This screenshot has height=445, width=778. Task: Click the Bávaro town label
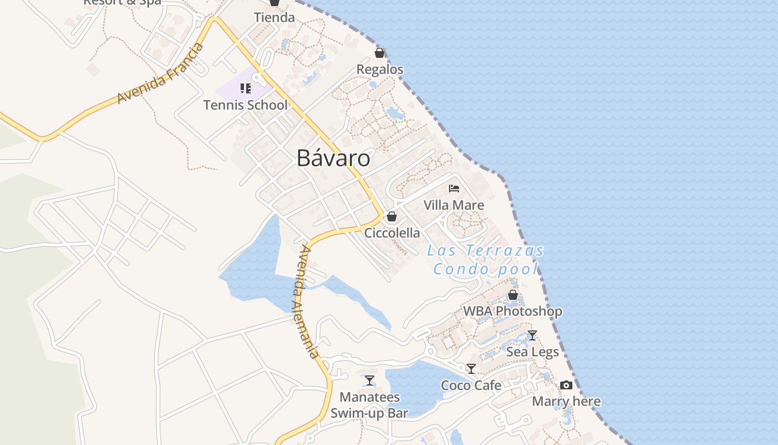pos(333,159)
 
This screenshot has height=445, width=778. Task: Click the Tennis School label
pos(245,105)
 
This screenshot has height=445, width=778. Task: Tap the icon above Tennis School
pos(245,88)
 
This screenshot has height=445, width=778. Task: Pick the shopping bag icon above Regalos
pos(380,53)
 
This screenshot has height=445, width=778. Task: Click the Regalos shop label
pos(380,70)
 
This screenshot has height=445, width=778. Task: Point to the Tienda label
pos(274,17)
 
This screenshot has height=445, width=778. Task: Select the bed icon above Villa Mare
pos(454,188)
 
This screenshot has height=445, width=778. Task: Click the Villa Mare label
pos(454,205)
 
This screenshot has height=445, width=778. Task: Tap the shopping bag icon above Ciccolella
pos(392,216)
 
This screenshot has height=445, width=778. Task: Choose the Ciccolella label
pos(392,233)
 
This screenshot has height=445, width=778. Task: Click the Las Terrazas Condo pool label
pos(486,260)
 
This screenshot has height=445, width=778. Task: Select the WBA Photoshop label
pos(512,311)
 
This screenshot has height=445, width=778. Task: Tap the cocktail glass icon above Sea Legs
pos(532,335)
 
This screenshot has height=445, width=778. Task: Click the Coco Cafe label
pos(471,385)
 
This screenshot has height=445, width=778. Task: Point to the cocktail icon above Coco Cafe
pos(471,368)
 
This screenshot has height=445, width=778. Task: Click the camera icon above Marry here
pos(566,385)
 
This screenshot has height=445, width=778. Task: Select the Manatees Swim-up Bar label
pos(369,405)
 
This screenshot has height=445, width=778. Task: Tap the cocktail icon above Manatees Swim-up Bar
pos(369,380)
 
